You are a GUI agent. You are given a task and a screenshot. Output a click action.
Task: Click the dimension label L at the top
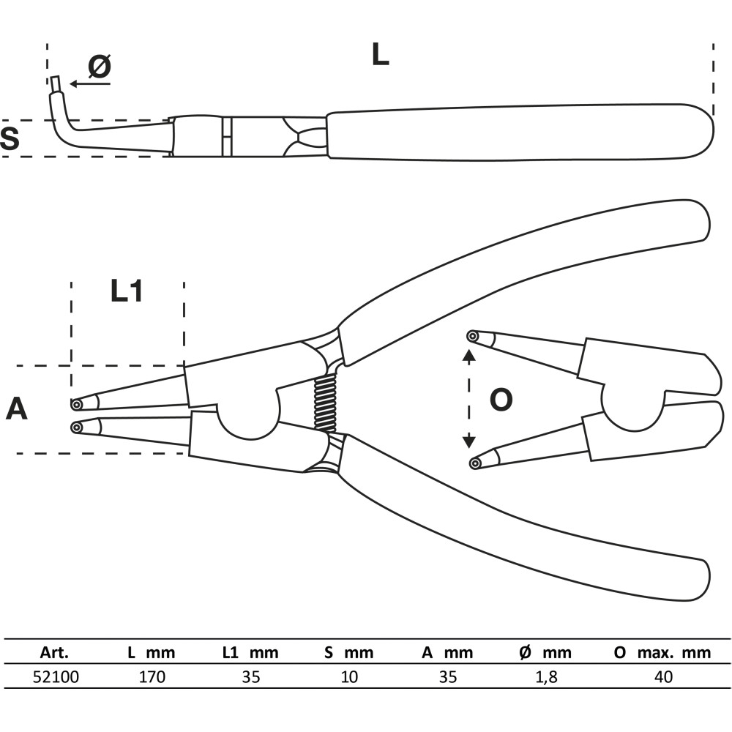click(x=380, y=54)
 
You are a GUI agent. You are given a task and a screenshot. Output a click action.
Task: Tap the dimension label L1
click(x=127, y=291)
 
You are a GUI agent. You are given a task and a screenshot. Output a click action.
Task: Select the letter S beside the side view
click(x=10, y=138)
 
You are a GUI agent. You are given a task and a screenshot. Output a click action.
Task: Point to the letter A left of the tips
click(x=17, y=408)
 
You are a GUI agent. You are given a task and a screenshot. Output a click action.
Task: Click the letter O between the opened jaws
click(x=501, y=400)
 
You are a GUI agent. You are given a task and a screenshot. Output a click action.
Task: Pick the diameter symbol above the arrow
click(x=100, y=66)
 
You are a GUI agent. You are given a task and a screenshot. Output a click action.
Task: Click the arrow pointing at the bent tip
click(x=90, y=84)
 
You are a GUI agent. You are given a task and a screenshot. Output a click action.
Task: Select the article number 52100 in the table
click(x=56, y=676)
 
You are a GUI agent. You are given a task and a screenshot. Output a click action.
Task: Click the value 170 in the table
click(x=152, y=676)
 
